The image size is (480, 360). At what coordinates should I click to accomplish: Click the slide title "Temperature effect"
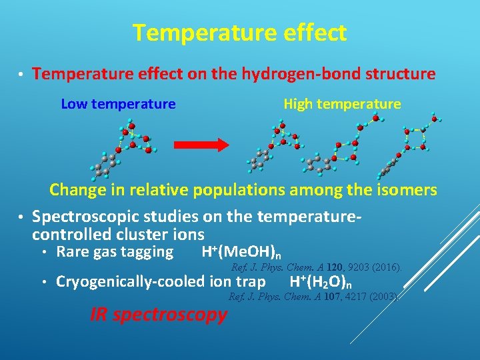[x=239, y=33]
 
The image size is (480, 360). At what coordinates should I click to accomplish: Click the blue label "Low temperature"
[x=118, y=104]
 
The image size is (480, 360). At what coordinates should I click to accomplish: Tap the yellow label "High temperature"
[x=342, y=104]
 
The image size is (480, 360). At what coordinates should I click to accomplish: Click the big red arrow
[x=201, y=145]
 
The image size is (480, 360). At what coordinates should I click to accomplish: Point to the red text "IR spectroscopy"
[x=159, y=315]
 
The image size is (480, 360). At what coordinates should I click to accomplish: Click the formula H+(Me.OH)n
[x=241, y=252]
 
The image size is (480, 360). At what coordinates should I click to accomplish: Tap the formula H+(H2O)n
[x=321, y=282]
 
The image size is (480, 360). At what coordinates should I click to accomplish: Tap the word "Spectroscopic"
[x=85, y=217]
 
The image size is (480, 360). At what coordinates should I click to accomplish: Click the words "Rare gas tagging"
[x=115, y=252]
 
